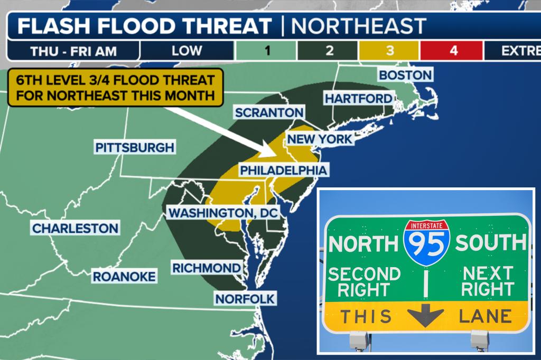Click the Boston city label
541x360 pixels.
tap(405, 75)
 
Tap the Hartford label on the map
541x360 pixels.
tap(358, 99)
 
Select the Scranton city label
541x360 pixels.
tap(269, 112)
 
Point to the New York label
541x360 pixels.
tap(319, 139)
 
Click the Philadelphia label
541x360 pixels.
tap(283, 170)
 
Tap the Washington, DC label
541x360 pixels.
tap(222, 213)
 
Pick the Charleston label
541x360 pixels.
tap(74, 229)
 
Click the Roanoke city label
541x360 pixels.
tap(124, 276)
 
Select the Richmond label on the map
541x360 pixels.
tap(207, 268)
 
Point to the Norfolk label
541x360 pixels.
tap(245, 299)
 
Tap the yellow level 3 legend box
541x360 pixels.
tap(389, 51)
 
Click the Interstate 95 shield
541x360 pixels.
tap(426, 243)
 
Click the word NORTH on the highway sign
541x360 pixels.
tap(363, 243)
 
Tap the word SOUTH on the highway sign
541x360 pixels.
tap(490, 242)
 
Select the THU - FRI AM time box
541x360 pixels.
tap(74, 51)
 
